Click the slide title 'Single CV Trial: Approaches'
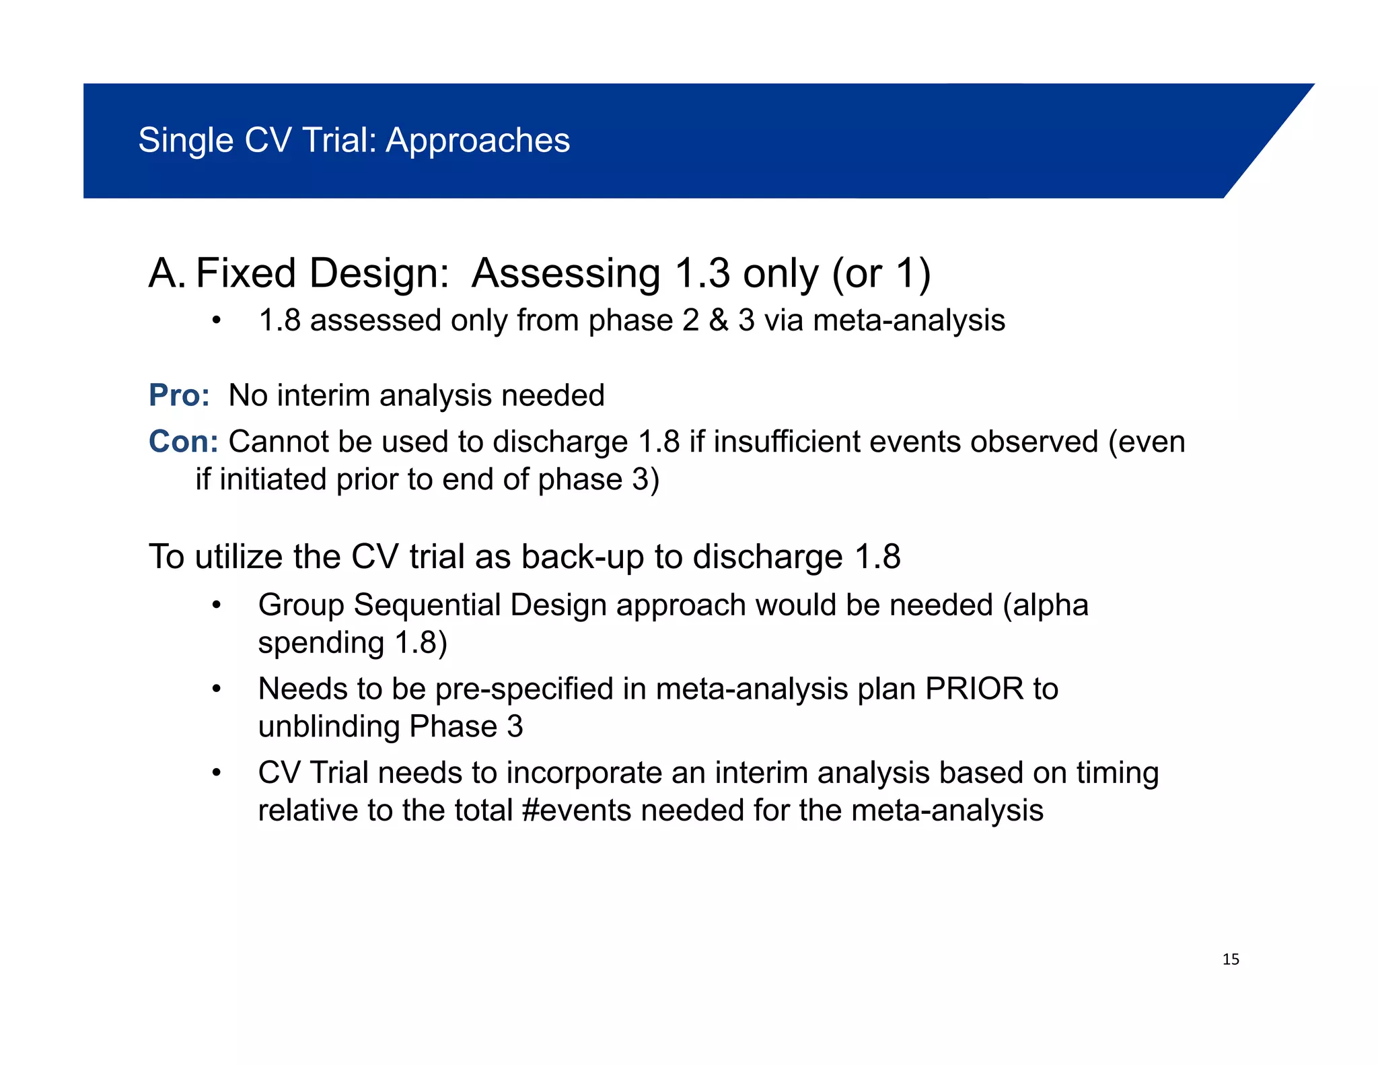tap(354, 141)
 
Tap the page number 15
tap(1231, 959)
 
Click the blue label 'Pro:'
tap(179, 395)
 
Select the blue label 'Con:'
tap(183, 442)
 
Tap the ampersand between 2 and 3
tap(719, 320)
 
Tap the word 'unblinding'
tap(329, 726)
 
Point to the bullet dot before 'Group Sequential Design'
tap(216, 605)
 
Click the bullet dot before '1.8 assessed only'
tap(216, 321)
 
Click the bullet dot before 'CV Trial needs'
tap(216, 773)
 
